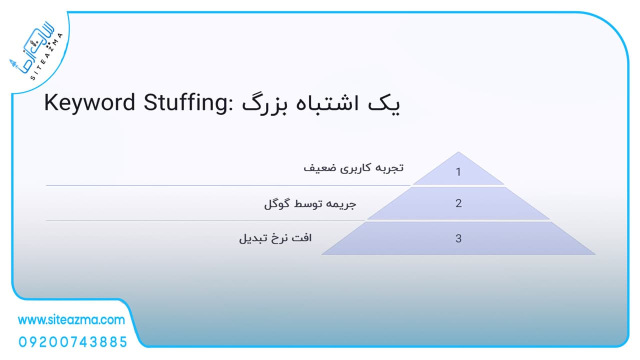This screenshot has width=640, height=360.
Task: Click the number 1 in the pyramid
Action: coord(458,172)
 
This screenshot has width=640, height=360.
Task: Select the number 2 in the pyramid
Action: coord(458,203)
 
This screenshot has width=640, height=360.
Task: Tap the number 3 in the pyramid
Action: coord(458,238)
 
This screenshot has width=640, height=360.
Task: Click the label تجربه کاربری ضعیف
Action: coord(353,168)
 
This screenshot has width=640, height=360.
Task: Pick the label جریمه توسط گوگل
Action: coord(310,204)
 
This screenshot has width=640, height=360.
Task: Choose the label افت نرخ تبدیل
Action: coord(275,238)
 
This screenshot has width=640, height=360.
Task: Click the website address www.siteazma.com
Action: coord(71,320)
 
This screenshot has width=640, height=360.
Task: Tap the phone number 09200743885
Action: coord(73,342)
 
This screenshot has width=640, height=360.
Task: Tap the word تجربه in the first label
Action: coord(392,168)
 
